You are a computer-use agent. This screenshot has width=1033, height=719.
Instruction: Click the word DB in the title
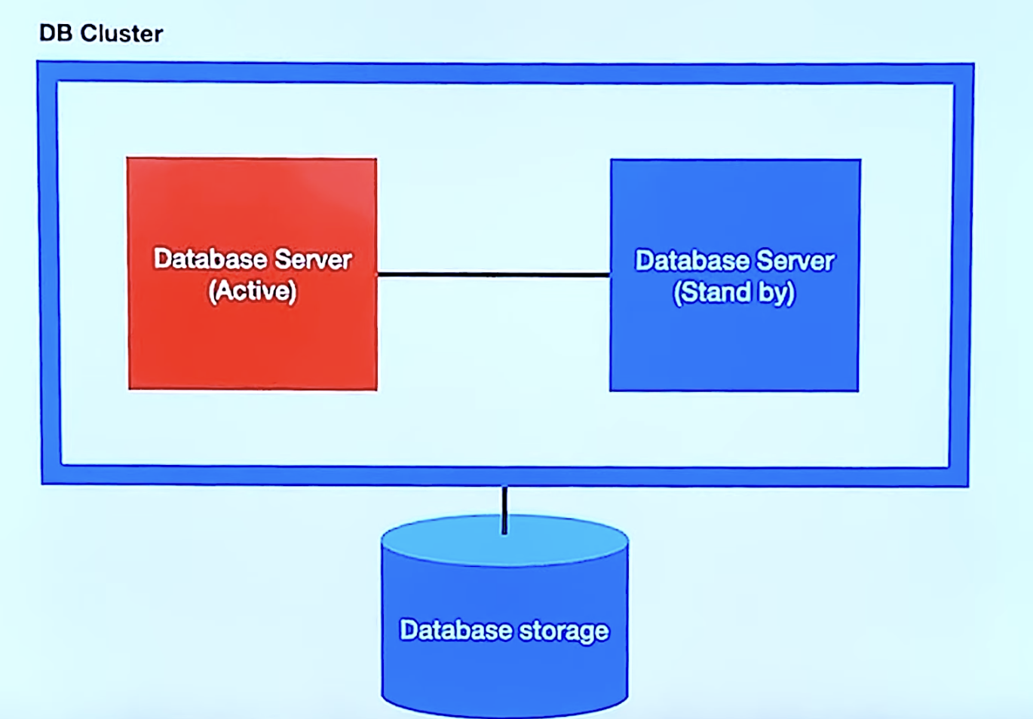[x=55, y=33]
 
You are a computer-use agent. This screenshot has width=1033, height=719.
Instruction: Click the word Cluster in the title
[x=121, y=33]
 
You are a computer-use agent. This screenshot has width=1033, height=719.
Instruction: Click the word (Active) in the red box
[x=253, y=291]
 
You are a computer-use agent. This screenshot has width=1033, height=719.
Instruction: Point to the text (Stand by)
[x=734, y=292]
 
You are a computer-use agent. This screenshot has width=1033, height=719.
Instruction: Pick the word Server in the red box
[x=313, y=259]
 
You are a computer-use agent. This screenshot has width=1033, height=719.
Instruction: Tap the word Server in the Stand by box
[x=795, y=261]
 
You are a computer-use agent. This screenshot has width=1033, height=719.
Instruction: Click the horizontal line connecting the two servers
[x=493, y=274]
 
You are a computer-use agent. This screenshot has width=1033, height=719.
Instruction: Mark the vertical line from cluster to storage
[x=504, y=509]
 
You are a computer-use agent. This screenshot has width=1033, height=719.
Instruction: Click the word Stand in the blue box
[x=713, y=292]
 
